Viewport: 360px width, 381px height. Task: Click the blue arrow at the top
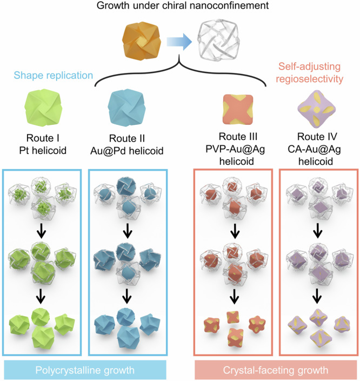coord(179,42)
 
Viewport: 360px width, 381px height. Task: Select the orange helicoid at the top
coord(142,41)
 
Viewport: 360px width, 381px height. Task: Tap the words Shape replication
coord(54,75)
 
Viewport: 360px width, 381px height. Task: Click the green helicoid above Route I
coord(43,108)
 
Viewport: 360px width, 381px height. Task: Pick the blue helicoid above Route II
coord(126,108)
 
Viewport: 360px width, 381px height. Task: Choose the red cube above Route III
coord(238,110)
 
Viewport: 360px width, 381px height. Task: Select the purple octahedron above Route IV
coord(317,109)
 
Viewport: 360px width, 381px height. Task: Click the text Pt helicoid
coord(43,151)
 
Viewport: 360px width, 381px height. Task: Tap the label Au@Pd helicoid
coord(127,151)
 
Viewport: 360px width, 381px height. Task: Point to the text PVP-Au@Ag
coord(235,149)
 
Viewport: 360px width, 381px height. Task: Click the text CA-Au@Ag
coord(314,150)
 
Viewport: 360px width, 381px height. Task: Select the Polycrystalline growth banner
coord(85,370)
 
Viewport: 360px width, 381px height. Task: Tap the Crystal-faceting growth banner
coord(276,370)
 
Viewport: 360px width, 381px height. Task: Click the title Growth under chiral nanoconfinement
coord(183,5)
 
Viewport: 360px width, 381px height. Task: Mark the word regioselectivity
coord(309,79)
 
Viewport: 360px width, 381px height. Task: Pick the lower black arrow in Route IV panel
coord(317,296)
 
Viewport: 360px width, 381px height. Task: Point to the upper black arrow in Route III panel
coord(235,231)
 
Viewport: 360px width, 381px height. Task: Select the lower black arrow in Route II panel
coord(126,296)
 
